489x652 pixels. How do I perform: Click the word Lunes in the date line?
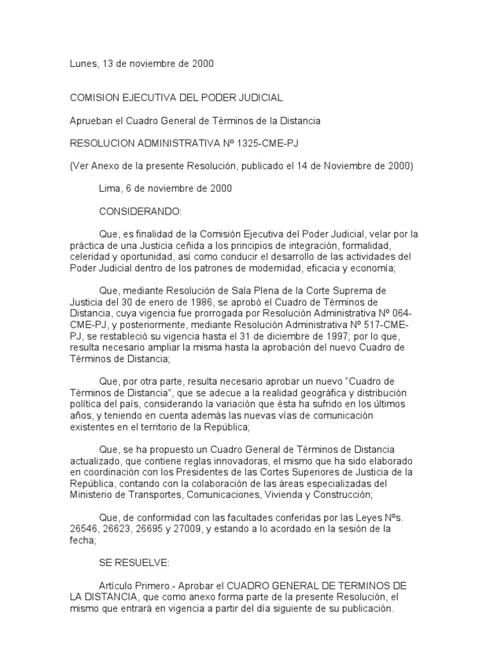click(82, 64)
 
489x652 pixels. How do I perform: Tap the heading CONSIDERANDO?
click(140, 210)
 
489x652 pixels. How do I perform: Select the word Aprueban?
click(91, 120)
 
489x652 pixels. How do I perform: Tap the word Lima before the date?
click(110, 188)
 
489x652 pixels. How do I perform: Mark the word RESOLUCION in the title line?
click(100, 144)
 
